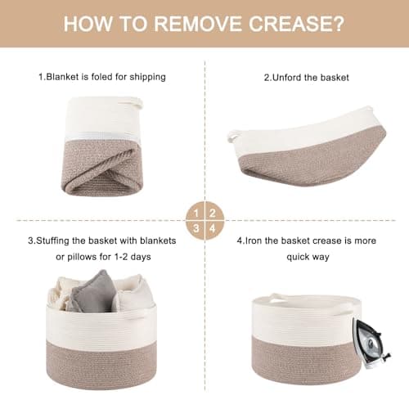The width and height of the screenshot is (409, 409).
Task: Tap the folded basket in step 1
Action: point(103,151)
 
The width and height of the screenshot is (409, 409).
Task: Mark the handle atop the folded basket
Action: point(128,103)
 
